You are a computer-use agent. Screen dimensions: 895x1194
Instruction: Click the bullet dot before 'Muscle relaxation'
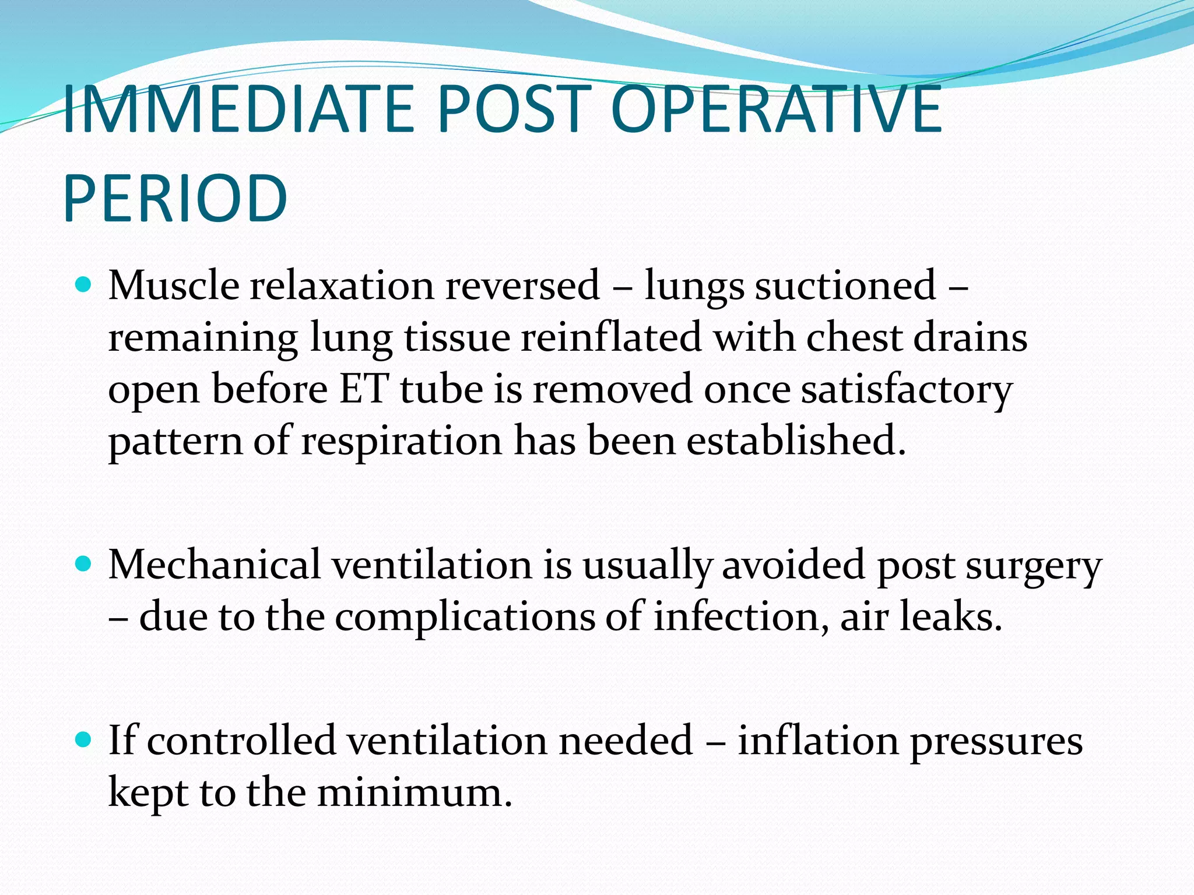click(85, 285)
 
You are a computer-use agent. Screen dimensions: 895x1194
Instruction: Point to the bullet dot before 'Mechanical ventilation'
click(85, 564)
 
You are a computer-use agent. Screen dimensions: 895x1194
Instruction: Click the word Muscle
click(174, 286)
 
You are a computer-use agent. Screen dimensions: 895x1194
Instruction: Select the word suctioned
click(845, 286)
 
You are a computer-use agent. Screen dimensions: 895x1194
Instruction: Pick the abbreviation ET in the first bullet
click(364, 389)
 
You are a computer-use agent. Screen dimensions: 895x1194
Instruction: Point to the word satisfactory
click(907, 390)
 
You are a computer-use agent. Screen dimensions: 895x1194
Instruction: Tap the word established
click(796, 441)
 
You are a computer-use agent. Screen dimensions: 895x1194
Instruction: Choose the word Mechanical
click(215, 565)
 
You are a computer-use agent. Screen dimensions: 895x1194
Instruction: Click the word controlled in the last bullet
click(241, 741)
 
